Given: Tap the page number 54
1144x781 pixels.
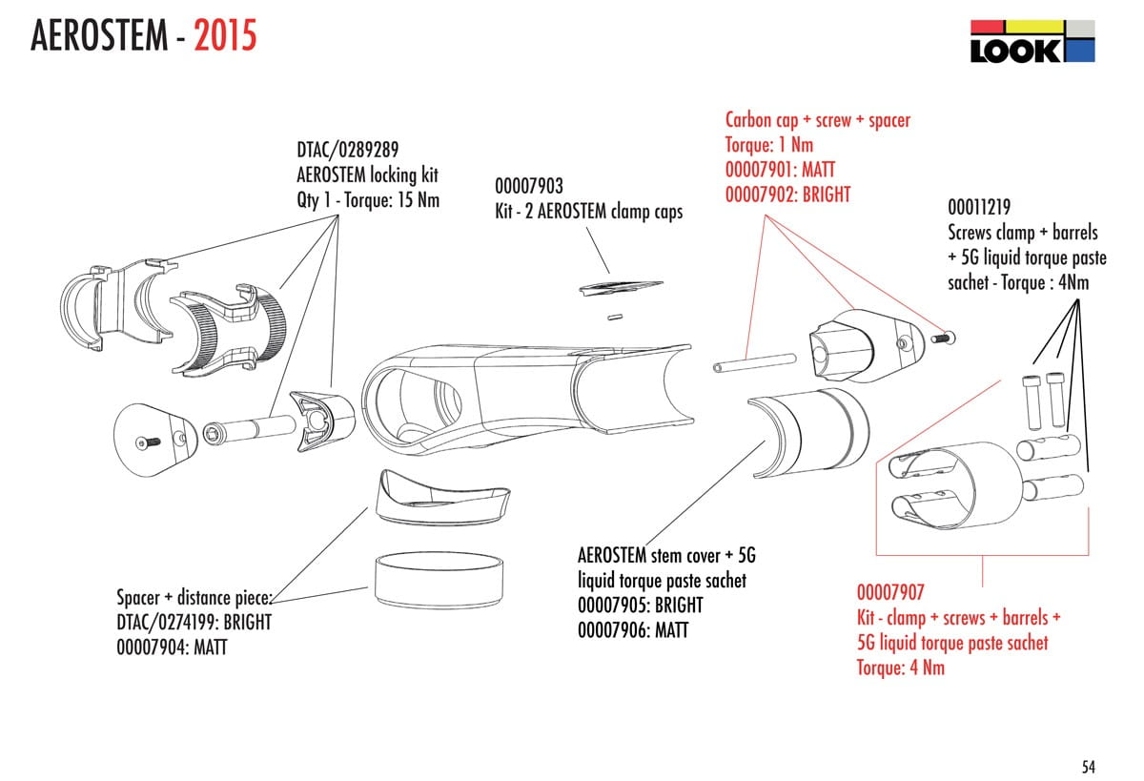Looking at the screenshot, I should [1089, 766].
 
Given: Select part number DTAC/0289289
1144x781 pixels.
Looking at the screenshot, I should [348, 150].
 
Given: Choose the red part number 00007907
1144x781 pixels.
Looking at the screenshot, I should [890, 592].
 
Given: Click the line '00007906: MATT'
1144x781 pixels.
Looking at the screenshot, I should [633, 630].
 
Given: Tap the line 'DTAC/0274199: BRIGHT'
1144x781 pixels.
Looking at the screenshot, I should [194, 623].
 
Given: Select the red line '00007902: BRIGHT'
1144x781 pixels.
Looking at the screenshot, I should [787, 194].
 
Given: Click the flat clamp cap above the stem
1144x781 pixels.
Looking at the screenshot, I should [623, 286].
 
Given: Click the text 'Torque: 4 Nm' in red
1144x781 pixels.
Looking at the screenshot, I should [900, 667].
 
